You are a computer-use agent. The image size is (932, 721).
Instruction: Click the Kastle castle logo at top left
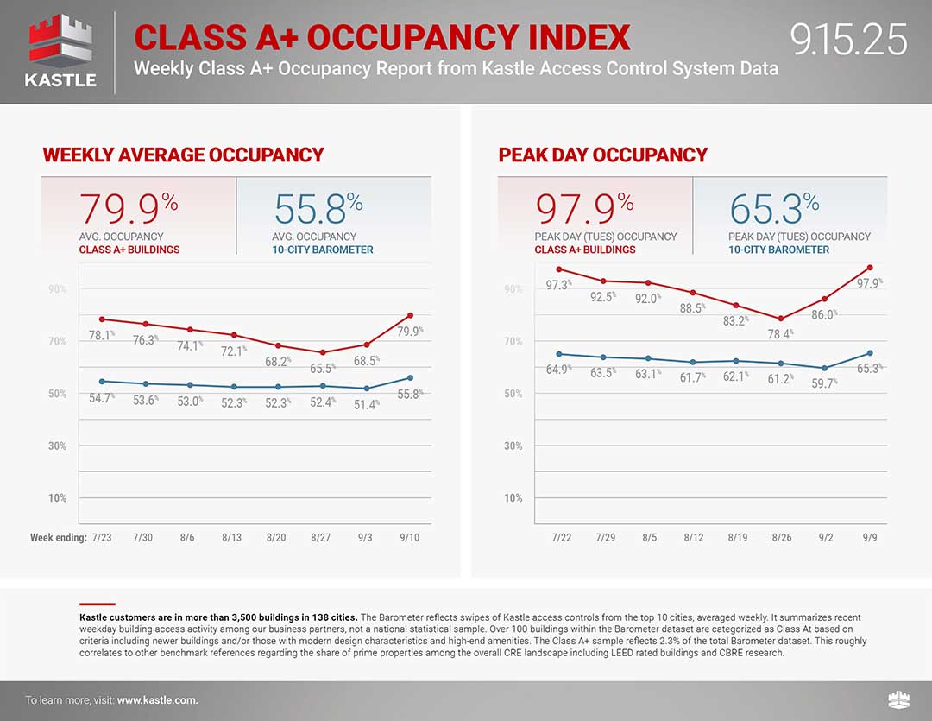click(60, 43)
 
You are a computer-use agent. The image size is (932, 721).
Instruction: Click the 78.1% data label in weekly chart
click(102, 336)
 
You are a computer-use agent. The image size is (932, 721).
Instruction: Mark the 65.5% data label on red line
click(322, 368)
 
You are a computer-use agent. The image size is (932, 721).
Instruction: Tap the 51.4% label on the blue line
click(366, 404)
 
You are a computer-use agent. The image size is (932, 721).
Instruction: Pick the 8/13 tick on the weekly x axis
click(232, 538)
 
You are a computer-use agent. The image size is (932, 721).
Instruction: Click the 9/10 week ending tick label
click(410, 538)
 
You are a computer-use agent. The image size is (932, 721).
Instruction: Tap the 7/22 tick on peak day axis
click(560, 538)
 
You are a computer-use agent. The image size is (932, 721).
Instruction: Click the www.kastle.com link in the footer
click(157, 700)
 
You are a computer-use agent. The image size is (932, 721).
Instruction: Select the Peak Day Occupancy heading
click(602, 155)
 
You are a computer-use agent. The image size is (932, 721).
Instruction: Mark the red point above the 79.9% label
click(410, 315)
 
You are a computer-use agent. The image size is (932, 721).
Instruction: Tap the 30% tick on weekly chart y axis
click(57, 446)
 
